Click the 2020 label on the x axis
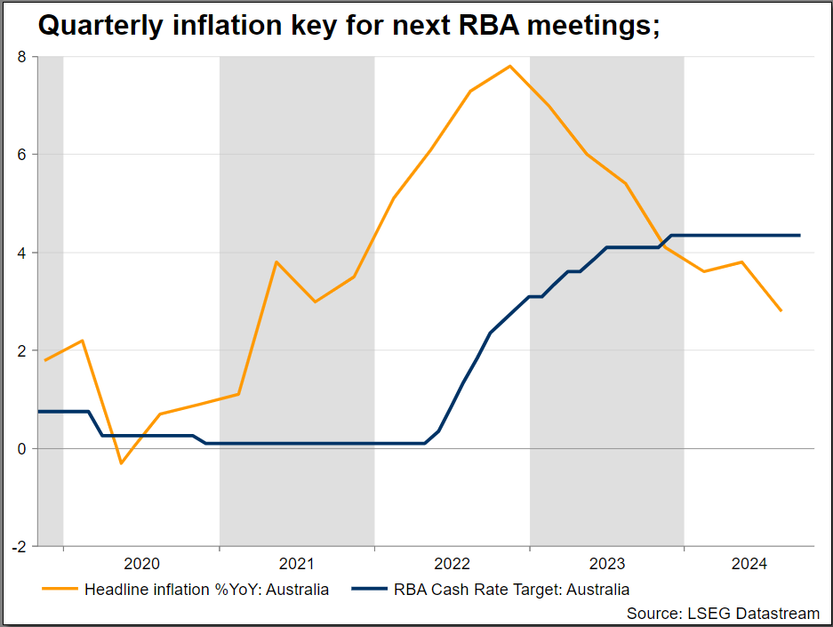[x=141, y=564]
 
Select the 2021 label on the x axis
[x=297, y=564]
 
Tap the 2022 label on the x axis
[x=452, y=564]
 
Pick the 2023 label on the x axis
[x=607, y=564]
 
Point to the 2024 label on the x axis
[x=749, y=564]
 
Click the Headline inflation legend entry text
[x=206, y=590]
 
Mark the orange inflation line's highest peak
[x=509, y=66]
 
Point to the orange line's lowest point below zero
[x=122, y=463]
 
